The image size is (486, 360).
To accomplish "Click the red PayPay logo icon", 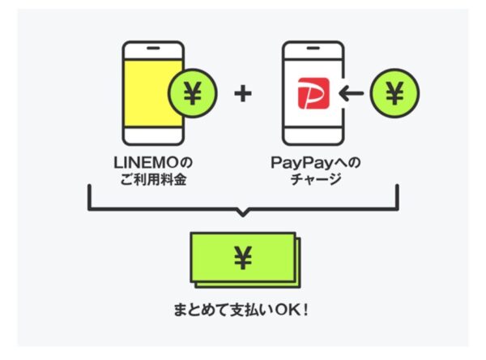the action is click(313, 93).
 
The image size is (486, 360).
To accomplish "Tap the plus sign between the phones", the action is click(243, 93).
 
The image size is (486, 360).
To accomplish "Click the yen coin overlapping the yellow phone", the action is click(193, 93).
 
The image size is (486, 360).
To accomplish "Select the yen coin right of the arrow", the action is click(394, 93).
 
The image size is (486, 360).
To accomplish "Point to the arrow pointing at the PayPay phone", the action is click(351, 93).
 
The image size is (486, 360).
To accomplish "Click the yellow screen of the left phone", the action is click(153, 93).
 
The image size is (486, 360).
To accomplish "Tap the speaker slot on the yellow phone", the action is click(153, 49).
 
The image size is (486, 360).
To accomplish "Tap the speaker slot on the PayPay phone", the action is click(313, 49).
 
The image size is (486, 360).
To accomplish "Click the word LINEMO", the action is click(147, 163).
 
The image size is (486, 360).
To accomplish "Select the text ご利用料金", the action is click(153, 179).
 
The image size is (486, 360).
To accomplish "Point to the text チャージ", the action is click(316, 179).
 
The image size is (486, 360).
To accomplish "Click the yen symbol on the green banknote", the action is click(243, 258).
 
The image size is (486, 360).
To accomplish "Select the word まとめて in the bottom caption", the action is click(201, 310).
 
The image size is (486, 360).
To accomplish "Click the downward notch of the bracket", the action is click(243, 213).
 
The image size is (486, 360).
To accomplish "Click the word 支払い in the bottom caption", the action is click(251, 310).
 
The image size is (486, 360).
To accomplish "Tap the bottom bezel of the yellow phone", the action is click(153, 135).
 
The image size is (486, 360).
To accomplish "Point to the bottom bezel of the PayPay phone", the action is click(313, 135).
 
